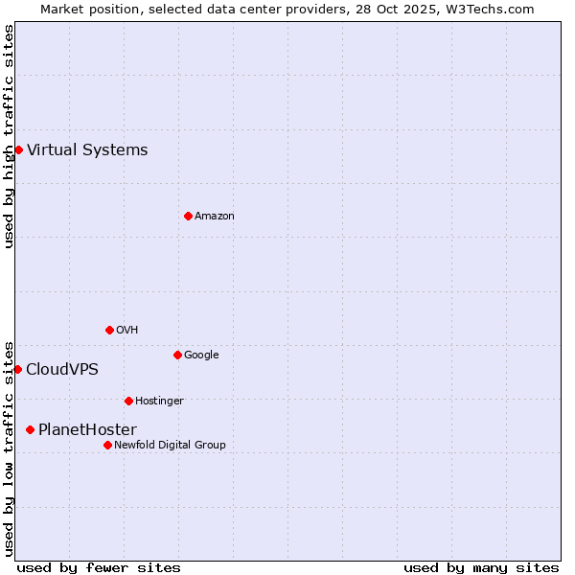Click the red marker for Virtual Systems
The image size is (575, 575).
point(18,149)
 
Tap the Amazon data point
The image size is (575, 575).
point(188,216)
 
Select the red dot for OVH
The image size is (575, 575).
point(109,330)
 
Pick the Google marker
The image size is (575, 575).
point(177,355)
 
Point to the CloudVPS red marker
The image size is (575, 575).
point(17,369)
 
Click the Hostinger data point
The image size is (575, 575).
point(128,401)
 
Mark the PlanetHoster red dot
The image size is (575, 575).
point(30,429)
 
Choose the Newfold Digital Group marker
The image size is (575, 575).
point(107,445)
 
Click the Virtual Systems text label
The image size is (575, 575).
point(87,149)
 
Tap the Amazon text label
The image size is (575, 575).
point(215,216)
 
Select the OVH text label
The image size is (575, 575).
point(127,330)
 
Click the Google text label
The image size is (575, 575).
point(201,355)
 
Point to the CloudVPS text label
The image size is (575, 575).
point(62,369)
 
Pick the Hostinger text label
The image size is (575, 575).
point(159,401)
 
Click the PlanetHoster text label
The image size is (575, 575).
point(87,429)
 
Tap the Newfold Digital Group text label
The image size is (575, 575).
point(170,445)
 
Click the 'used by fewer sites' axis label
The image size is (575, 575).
point(99,567)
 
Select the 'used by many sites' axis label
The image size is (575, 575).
point(481,567)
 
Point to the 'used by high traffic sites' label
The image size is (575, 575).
point(9,136)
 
